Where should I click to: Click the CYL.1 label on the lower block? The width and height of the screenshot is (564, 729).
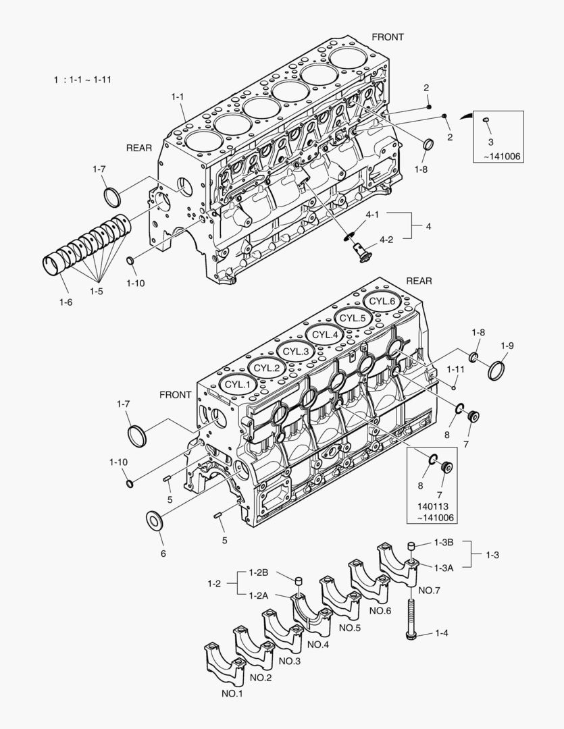pos(237,384)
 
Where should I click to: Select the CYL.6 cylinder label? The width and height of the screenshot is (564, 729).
pos(382,301)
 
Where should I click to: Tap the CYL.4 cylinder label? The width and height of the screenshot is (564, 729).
pos(324,334)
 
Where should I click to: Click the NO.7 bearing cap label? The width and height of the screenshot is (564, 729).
pos(430,591)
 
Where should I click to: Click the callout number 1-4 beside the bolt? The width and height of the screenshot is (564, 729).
pos(442,633)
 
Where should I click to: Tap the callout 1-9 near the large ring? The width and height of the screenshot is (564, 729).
pos(507,346)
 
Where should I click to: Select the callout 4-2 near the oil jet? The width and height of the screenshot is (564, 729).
pos(386,240)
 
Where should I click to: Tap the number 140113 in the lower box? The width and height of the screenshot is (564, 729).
pos(432,505)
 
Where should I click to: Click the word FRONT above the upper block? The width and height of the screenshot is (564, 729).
pos(388,37)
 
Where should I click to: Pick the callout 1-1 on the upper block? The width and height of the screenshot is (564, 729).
pos(177,97)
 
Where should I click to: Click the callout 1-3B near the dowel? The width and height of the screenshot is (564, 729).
pos(444,543)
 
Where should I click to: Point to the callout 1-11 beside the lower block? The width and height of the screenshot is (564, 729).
pos(456,370)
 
